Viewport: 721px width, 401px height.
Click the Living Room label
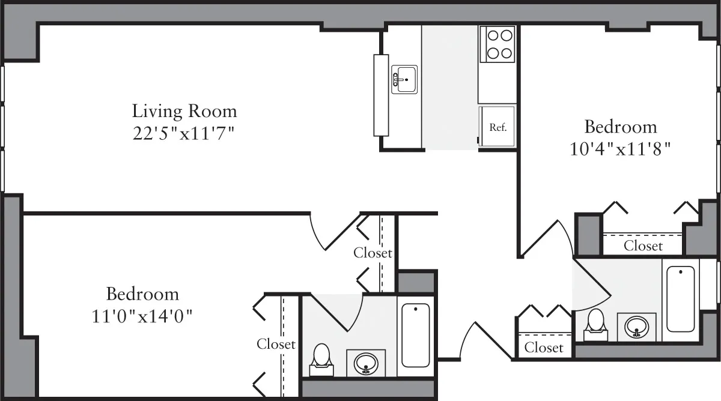[184, 111]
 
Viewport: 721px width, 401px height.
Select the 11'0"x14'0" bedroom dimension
[142, 315]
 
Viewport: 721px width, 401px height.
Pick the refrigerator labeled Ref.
[497, 127]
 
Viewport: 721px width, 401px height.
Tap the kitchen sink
[404, 79]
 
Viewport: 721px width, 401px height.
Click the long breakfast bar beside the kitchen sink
[381, 95]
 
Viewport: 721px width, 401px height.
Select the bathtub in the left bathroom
[415, 335]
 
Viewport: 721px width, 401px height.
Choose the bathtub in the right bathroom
[681, 298]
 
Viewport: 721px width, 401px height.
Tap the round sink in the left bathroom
[365, 363]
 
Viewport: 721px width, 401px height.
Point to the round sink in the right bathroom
[636, 327]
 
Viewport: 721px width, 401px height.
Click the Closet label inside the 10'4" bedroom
[643, 246]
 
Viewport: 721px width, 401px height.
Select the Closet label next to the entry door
[544, 348]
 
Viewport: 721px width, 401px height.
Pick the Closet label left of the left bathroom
[276, 344]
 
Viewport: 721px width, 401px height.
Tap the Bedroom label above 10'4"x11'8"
[621, 127]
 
